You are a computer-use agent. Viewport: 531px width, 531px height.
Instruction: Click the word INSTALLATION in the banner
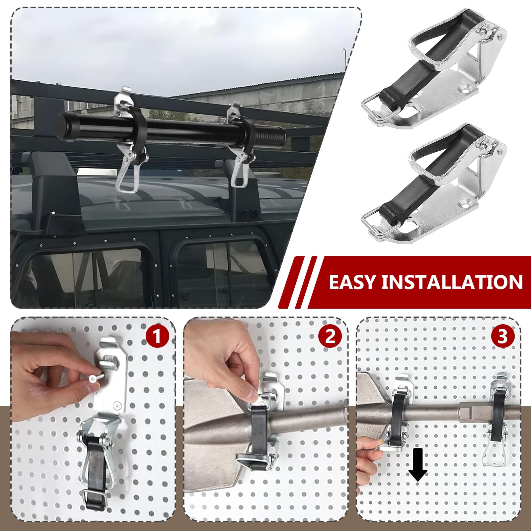pyautogui.click(x=452, y=282)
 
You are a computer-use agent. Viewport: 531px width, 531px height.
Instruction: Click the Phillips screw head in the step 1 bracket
pyautogui.click(x=117, y=405)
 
